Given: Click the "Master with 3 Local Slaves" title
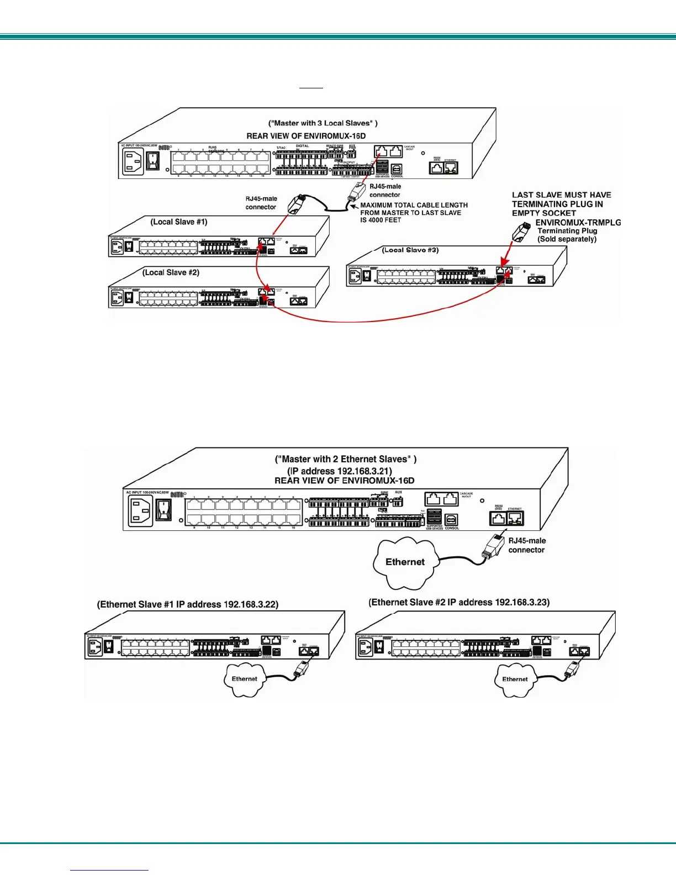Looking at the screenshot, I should [323, 123].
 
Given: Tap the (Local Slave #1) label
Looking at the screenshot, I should [179, 222].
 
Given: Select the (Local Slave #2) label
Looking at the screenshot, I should [171, 272].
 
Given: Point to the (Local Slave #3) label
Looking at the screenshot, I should [410, 250].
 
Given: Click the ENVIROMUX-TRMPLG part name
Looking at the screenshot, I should [578, 223].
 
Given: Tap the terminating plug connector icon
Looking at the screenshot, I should [519, 231].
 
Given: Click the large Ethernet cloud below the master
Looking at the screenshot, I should [405, 562].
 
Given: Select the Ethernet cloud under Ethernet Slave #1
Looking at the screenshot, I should [244, 679].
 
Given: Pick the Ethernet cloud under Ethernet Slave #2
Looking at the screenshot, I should [515, 679].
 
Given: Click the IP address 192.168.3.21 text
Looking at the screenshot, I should [340, 471].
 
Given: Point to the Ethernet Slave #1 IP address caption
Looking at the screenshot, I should [188, 604].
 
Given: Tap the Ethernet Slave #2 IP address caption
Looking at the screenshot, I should [459, 603].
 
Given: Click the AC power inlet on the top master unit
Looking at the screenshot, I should [133, 162].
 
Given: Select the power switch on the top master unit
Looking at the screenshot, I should [153, 161].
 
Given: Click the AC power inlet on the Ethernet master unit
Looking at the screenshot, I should [140, 510].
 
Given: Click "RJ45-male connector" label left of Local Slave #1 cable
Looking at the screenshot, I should [261, 203].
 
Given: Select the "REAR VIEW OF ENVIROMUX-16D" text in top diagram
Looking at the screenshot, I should [306, 136].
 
